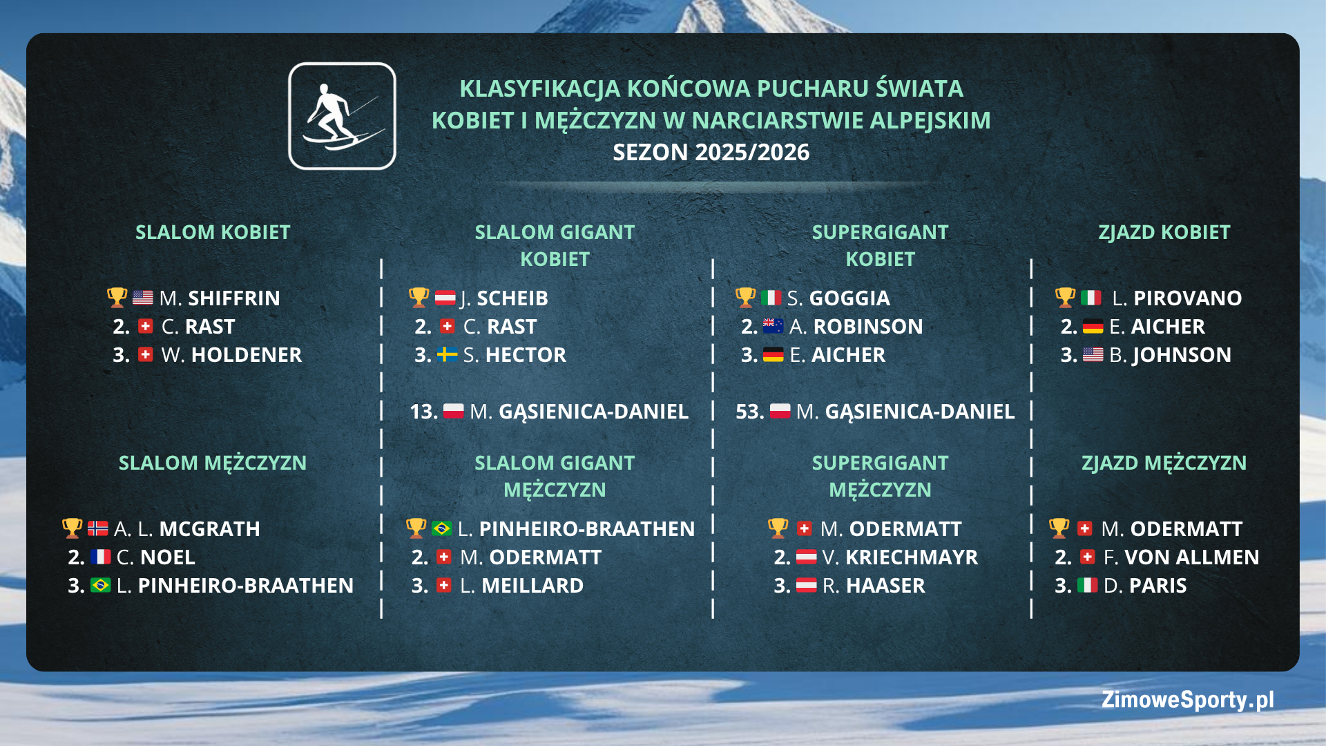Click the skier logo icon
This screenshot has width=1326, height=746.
point(342,116)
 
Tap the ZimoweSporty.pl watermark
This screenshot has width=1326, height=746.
point(1187,700)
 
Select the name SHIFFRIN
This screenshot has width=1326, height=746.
point(234,298)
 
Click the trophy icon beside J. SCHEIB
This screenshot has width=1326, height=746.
point(419,298)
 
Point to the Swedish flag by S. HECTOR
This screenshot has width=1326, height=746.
point(448,355)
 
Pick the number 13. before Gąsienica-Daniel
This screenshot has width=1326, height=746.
point(423,412)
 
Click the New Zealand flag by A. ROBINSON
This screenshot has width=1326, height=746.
point(773,326)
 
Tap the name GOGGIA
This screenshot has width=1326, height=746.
point(849,298)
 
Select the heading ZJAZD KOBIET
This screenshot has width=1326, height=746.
point(1164,233)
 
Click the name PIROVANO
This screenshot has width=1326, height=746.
point(1187,298)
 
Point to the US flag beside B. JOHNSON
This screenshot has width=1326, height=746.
point(1093,355)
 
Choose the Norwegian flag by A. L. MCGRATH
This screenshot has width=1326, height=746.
point(98,529)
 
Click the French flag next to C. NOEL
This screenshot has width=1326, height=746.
point(101,557)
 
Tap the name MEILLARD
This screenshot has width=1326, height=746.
point(532,586)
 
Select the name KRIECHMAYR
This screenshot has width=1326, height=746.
point(912,557)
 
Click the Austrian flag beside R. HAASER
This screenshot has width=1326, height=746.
point(806,586)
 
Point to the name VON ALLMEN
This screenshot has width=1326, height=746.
point(1191,557)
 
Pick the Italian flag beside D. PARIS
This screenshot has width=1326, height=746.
point(1087,586)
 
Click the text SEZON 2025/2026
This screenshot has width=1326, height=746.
point(711,153)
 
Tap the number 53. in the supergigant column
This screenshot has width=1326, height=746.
point(749,412)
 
